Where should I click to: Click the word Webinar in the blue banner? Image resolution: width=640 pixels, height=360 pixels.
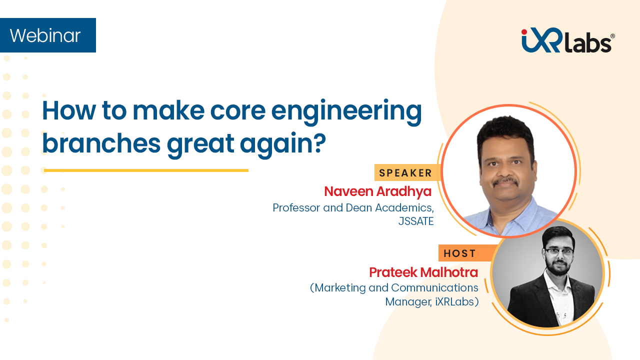[45, 35]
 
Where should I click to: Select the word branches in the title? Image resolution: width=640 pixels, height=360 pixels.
[101, 143]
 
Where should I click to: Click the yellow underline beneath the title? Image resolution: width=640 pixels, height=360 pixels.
[146, 170]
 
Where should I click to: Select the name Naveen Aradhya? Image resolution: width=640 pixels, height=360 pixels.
[377, 191]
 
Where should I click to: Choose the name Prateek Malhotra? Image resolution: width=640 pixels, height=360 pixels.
[423, 272]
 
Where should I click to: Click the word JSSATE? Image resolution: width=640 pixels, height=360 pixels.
[416, 221]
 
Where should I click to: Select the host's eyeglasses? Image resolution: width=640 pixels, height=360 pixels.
[559, 251]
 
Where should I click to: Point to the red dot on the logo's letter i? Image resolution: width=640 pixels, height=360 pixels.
[524, 31]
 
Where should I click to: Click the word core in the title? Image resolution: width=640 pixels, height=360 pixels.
[238, 111]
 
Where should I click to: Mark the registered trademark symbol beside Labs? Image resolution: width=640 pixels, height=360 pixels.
[612, 36]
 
